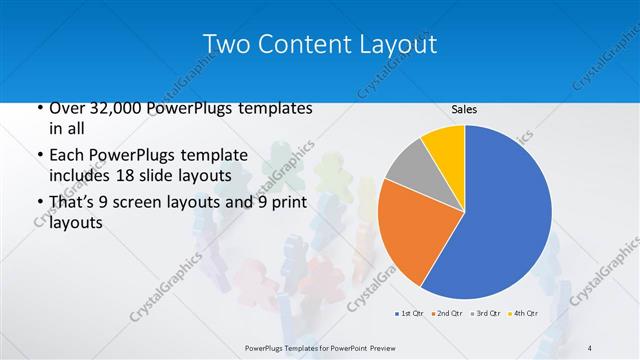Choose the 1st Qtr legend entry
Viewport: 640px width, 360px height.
coord(410,314)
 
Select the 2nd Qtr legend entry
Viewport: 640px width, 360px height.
coord(448,314)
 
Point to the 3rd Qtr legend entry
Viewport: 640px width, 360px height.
coord(486,314)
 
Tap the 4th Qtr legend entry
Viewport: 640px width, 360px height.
coord(525,314)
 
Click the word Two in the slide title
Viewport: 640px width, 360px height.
coord(224,44)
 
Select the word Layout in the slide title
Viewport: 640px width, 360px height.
coord(397,44)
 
